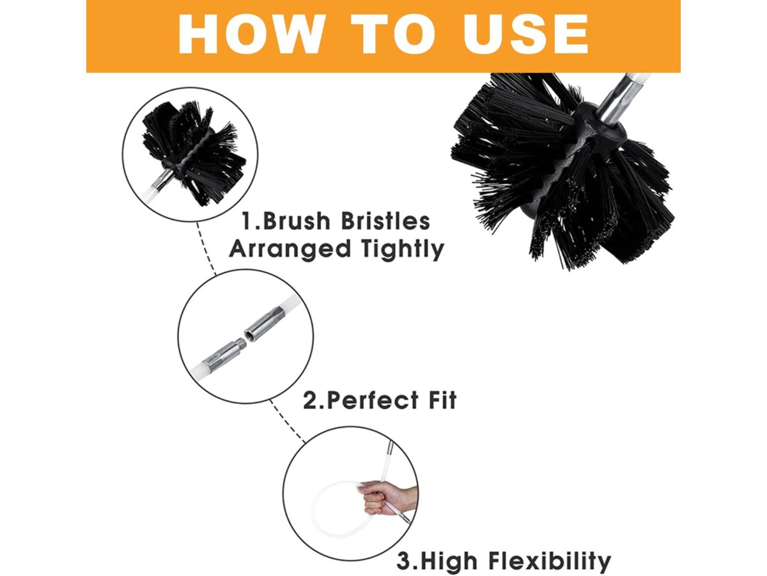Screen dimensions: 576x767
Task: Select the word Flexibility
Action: pos(550,561)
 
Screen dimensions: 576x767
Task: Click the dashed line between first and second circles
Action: pos(206,247)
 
